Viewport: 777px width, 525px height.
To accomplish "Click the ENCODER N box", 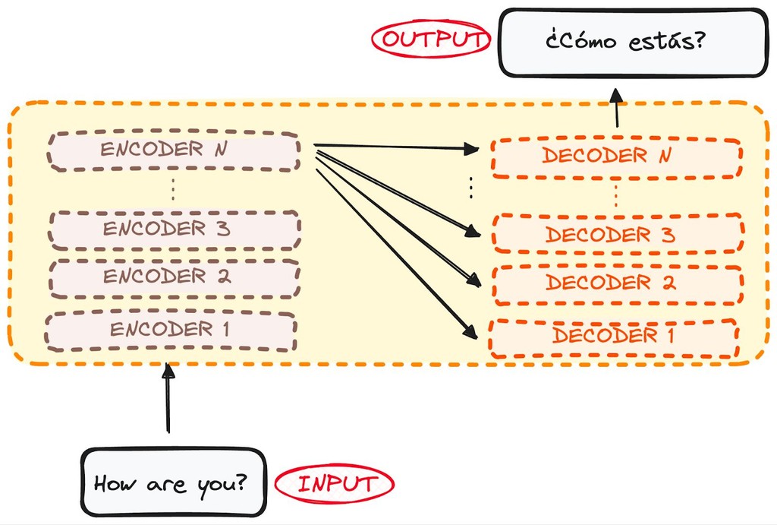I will [x=174, y=150].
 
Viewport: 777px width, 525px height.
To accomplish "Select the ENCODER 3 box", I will [x=174, y=229].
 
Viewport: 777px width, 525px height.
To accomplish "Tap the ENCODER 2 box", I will [x=174, y=277].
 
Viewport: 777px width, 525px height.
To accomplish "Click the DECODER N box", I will [x=615, y=157].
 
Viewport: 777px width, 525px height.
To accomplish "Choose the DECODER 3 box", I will [x=618, y=234].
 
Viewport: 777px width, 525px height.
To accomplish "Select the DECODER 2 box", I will [x=618, y=284].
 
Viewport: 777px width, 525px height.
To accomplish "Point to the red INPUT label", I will [x=335, y=483].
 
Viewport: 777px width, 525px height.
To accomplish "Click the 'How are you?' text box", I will [x=174, y=482].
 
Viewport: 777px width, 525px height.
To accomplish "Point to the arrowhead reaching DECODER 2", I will [x=473, y=281].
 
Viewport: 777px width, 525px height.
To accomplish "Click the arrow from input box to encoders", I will [x=168, y=400].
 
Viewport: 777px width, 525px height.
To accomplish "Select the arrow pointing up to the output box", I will [x=616, y=106].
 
